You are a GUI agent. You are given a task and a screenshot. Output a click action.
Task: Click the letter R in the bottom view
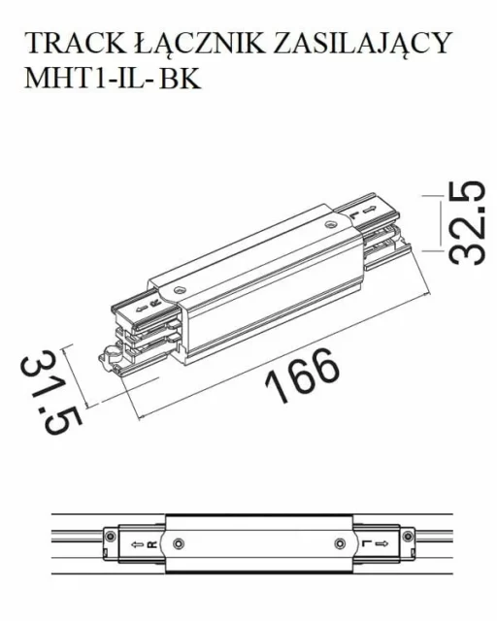(x=152, y=544)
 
